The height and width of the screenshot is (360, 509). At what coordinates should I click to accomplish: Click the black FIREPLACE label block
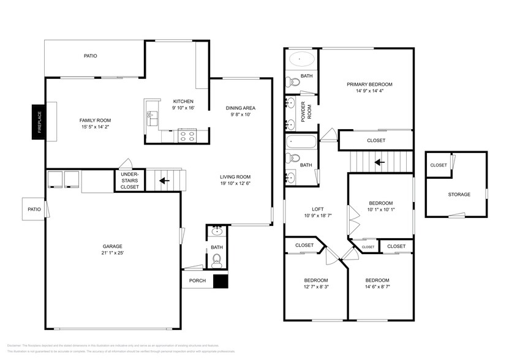(39, 121)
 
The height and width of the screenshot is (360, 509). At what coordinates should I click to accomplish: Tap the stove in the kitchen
(187, 135)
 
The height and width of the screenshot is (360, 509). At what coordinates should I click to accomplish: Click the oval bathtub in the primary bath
(301, 60)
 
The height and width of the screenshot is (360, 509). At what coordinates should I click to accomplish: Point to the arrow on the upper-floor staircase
(380, 162)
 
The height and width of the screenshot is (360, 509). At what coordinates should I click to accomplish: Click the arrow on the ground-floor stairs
(164, 181)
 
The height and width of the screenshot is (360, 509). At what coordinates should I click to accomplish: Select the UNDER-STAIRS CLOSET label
(129, 181)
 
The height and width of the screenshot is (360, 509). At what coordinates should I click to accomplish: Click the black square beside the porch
(220, 281)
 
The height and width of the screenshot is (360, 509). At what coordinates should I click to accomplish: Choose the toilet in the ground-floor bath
(216, 262)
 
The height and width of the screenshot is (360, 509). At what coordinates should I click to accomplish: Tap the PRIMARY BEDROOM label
(369, 84)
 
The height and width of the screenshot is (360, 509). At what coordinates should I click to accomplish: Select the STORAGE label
(459, 194)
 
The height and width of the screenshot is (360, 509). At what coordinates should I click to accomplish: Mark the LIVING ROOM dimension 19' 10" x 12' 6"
(236, 183)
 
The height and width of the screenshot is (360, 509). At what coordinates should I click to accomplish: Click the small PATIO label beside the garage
(34, 209)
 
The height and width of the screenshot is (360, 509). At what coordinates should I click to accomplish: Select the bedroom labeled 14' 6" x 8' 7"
(377, 284)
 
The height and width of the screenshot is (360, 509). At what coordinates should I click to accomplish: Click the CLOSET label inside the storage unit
(438, 165)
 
